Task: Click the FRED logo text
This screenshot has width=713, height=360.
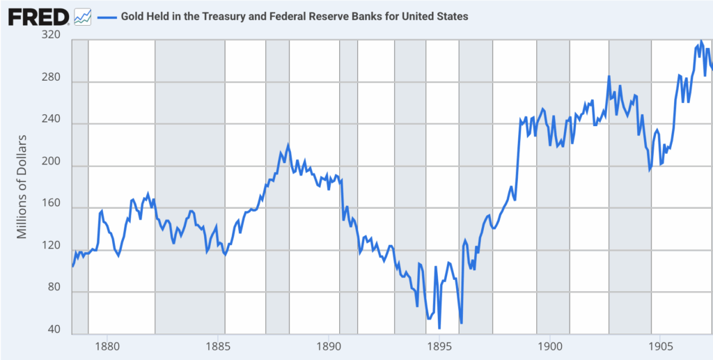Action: click(x=38, y=16)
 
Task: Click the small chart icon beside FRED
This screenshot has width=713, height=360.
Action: click(x=83, y=16)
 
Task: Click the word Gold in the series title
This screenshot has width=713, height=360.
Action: click(x=133, y=16)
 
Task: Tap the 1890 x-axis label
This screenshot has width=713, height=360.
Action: click(x=328, y=345)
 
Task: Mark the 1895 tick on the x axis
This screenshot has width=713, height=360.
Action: click(x=439, y=345)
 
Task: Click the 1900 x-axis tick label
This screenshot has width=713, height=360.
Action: click(x=550, y=345)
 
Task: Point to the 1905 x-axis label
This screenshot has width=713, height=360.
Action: click(x=661, y=345)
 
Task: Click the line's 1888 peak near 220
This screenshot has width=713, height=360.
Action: click(x=288, y=146)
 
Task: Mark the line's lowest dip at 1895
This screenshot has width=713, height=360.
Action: click(x=439, y=327)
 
